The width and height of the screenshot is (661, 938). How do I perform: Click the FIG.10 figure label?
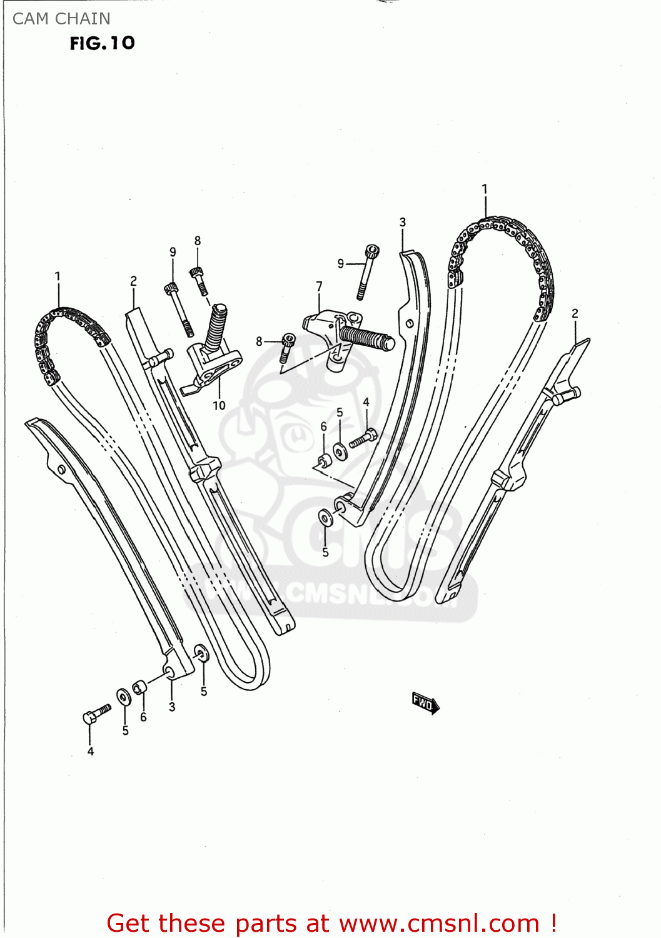click(103, 43)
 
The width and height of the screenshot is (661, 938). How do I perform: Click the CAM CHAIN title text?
click(61, 19)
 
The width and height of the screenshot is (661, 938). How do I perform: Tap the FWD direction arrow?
click(425, 703)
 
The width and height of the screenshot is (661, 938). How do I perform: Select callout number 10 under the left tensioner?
click(219, 405)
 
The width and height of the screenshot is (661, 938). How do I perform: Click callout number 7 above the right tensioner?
click(319, 286)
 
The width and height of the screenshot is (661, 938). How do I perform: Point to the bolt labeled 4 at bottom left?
click(96, 714)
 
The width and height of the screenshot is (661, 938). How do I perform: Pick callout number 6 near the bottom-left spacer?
click(143, 717)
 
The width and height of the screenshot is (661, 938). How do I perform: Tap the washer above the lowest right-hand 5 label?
click(325, 518)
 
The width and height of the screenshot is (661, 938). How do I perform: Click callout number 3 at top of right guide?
click(403, 222)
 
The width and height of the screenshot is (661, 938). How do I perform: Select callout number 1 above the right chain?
click(485, 188)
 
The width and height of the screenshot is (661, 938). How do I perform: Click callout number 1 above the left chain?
click(58, 276)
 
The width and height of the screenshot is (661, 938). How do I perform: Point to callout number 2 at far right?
click(575, 313)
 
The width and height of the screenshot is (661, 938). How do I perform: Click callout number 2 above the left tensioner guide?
click(133, 281)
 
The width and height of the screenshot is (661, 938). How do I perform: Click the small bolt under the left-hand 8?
click(199, 281)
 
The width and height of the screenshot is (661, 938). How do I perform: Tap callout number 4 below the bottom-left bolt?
click(91, 751)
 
